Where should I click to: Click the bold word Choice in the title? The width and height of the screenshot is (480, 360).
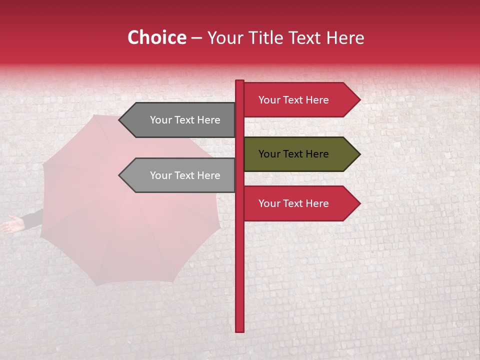point(156,37)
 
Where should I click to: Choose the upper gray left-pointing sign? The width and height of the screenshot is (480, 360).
point(180,120)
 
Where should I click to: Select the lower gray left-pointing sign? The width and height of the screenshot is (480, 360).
point(180,175)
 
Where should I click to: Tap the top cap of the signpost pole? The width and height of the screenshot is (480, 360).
point(239,82)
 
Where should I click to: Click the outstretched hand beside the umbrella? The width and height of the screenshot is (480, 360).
point(12,224)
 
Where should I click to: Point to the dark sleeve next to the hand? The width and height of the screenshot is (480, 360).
point(33,219)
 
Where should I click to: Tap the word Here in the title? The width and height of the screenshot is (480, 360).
point(345,38)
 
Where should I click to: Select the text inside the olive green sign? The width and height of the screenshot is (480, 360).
point(293,154)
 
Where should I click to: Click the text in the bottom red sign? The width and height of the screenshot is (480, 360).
point(293,203)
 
